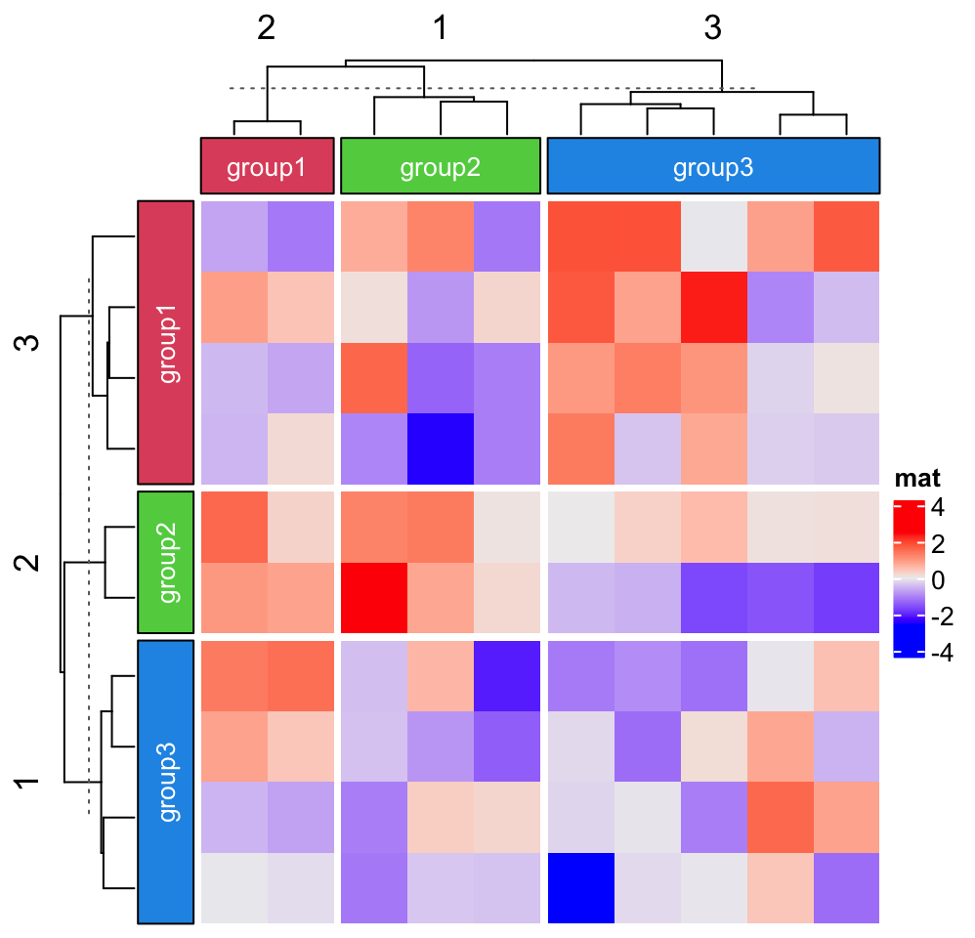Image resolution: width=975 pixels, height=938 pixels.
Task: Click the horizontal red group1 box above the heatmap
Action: coord(268,165)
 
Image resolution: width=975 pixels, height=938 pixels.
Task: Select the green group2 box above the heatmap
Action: coord(441,165)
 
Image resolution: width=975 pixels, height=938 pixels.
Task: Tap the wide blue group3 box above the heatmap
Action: coord(713,165)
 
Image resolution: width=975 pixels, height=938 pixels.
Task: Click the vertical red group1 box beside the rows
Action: coord(165,343)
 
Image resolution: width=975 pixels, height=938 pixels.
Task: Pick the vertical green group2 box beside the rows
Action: coord(165,562)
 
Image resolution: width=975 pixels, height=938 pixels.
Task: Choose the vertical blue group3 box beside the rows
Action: coord(165,782)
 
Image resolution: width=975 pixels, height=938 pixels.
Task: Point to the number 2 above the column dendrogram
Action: coord(266,28)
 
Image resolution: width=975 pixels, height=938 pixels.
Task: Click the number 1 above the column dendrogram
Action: coord(441,28)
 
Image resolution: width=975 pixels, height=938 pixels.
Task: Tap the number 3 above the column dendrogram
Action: coord(712,28)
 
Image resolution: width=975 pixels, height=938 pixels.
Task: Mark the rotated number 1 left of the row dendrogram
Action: coord(27,783)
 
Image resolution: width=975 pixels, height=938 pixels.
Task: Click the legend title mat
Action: coord(917,479)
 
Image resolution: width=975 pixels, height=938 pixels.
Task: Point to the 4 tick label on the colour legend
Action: coord(938,507)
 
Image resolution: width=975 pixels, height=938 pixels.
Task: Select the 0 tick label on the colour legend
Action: coord(938,580)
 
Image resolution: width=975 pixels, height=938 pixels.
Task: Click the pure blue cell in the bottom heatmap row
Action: coord(580,888)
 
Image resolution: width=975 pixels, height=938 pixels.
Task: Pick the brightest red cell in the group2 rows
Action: coord(374,598)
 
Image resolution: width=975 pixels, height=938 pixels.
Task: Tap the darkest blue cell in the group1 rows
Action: coord(441,448)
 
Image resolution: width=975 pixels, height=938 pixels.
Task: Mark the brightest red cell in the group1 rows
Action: coord(714,307)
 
